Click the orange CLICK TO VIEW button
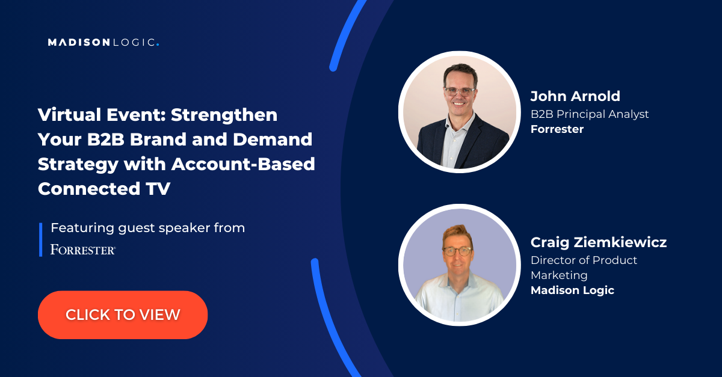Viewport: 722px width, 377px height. point(123,315)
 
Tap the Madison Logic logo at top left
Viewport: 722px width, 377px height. point(103,42)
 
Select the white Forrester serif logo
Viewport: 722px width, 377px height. point(83,250)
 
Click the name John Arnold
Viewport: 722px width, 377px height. point(575,96)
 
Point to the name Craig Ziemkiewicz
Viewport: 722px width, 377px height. point(599,242)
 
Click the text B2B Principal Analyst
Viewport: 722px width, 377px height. point(590,114)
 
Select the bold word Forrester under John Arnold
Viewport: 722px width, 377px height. point(557,129)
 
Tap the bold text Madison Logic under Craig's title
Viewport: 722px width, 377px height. point(572,290)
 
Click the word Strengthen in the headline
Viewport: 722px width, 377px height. point(224,115)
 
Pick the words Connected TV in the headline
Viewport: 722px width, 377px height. point(103,189)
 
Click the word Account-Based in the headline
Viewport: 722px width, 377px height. point(243,164)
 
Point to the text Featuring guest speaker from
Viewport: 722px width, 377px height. point(147,228)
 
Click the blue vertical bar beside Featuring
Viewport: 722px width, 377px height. point(41,240)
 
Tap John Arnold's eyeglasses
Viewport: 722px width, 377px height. point(460,91)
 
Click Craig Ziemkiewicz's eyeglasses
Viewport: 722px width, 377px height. point(458,251)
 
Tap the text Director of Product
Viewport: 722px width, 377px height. point(584,260)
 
